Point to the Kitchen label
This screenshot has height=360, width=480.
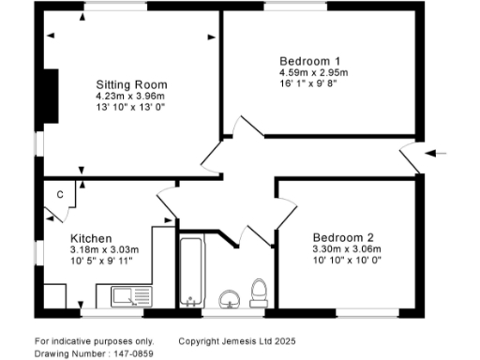coord(92,238)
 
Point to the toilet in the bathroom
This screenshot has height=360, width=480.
coord(260,292)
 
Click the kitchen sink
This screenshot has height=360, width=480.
coord(129,297)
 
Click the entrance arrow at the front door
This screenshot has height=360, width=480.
coord(438,152)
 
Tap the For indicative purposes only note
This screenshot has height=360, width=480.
coord(94,340)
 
